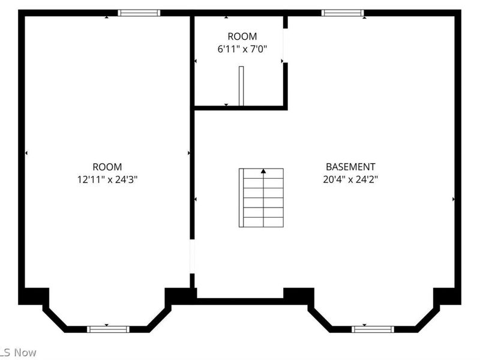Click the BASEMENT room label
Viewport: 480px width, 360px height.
[350, 167]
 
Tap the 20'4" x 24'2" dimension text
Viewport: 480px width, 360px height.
[350, 179]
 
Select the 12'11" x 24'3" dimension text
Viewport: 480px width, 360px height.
[107, 179]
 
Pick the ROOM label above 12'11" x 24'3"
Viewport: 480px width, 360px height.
[107, 167]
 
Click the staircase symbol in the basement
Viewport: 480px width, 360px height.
[262, 198]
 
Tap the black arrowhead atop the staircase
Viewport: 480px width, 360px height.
[263, 172]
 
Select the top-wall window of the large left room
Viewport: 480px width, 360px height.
[139, 13]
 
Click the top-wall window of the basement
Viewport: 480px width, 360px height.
[343, 13]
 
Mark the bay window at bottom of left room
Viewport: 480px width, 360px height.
[108, 329]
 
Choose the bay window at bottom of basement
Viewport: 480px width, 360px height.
[373, 329]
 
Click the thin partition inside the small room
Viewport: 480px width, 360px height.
[241, 85]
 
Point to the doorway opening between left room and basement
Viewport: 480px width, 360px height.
[192, 257]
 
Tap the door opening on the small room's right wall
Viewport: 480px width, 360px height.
[285, 46]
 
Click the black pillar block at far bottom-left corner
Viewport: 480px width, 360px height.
[34, 296]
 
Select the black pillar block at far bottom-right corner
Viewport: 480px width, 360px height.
[447, 296]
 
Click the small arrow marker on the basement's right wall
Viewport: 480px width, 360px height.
[453, 199]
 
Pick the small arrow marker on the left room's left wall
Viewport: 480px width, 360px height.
[26, 154]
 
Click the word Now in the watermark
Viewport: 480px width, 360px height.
[25, 353]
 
